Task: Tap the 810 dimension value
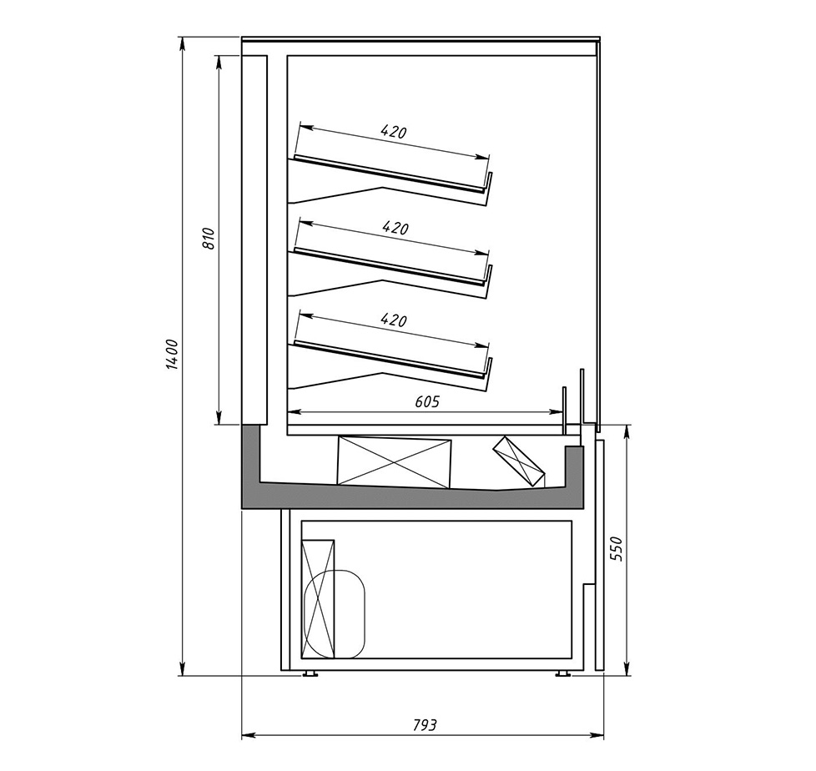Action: [x=208, y=239]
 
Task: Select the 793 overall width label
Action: [x=425, y=724]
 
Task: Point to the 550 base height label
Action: [x=617, y=548]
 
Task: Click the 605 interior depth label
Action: [x=427, y=401]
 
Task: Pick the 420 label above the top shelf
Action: [x=394, y=131]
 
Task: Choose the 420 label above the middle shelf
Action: [x=395, y=228]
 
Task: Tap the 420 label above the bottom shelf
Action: [x=394, y=320]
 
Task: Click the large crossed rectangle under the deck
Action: [x=394, y=462]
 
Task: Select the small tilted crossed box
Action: [x=519, y=461]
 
